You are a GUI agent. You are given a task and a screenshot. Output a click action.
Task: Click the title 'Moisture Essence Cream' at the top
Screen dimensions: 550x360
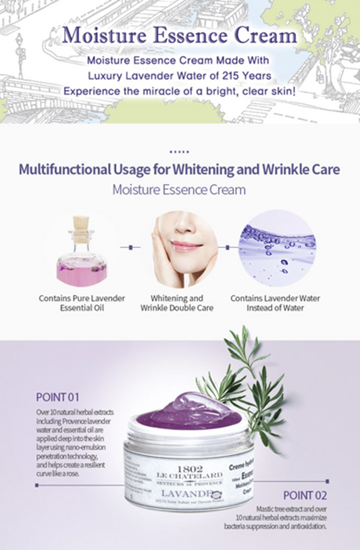pos(179,34)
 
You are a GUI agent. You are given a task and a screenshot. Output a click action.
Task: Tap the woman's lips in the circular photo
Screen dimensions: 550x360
pos(182,246)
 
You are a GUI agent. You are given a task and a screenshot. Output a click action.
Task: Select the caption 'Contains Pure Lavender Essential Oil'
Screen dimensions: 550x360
pos(81,303)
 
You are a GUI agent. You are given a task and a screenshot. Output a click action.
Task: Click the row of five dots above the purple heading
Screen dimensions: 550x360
pos(179,153)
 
